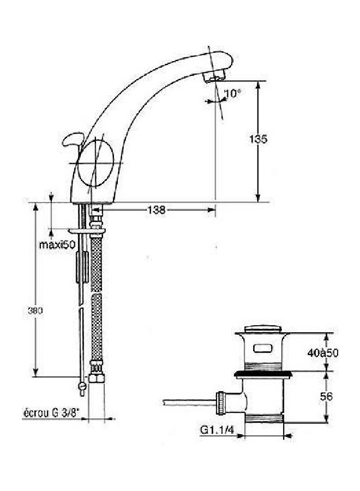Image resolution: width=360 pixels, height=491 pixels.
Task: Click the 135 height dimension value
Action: pyautogui.click(x=259, y=139)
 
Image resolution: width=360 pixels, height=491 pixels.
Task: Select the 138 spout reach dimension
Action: pyautogui.click(x=156, y=209)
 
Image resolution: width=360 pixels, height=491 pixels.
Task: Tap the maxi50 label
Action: pyautogui.click(x=57, y=244)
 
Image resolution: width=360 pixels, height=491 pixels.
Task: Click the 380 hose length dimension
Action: pyautogui.click(x=34, y=310)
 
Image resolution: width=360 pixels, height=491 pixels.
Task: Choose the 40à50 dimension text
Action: pyautogui.click(x=323, y=353)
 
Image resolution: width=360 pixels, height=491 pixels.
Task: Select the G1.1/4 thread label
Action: pyautogui.click(x=217, y=429)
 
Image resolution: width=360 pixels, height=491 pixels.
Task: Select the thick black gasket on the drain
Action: pyautogui.click(x=264, y=374)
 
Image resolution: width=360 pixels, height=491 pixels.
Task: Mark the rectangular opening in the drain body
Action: pyautogui.click(x=264, y=349)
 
